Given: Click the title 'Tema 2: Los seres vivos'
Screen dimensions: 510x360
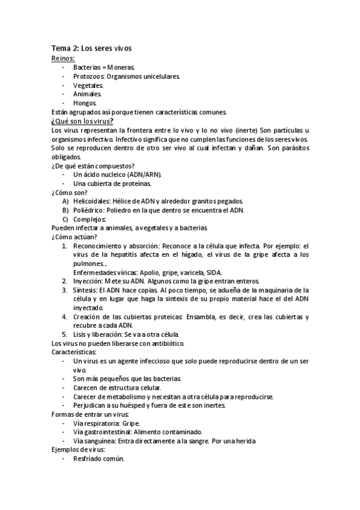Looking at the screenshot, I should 91,48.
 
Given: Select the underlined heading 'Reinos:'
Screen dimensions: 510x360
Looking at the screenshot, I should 63,58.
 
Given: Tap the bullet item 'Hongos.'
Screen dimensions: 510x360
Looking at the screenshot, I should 85,103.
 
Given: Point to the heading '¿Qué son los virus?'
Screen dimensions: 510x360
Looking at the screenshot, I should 83,121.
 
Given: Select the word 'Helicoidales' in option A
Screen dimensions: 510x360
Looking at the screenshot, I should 93,201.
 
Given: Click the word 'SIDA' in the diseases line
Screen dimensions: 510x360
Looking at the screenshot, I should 213,272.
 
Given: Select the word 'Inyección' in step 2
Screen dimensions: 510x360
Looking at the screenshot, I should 89,281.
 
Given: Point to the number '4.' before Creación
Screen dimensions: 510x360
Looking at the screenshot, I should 65,316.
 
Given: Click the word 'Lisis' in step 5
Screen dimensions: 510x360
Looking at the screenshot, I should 81,334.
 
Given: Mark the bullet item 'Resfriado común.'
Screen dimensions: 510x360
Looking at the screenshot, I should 99,459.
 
